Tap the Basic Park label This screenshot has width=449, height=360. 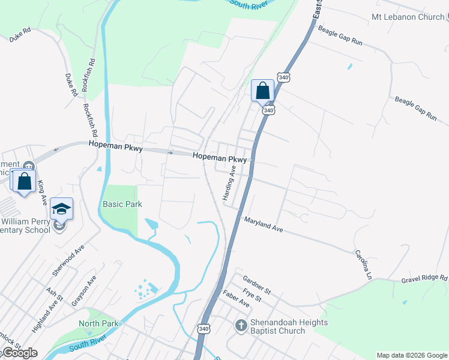point(122,204)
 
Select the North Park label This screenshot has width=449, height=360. point(98,323)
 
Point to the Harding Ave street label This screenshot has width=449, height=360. point(229,183)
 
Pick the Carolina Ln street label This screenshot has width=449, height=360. point(363,264)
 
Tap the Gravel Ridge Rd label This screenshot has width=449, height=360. point(424,278)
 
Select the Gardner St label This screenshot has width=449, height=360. point(257,284)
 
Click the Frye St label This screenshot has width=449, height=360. point(252,295)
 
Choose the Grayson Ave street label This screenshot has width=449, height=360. point(84,291)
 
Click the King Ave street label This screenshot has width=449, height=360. point(42,190)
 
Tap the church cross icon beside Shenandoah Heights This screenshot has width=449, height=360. point(241,326)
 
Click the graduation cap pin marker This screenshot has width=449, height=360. point(61,208)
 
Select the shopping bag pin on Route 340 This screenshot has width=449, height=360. point(262,91)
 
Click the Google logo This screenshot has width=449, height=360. point(19,353)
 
